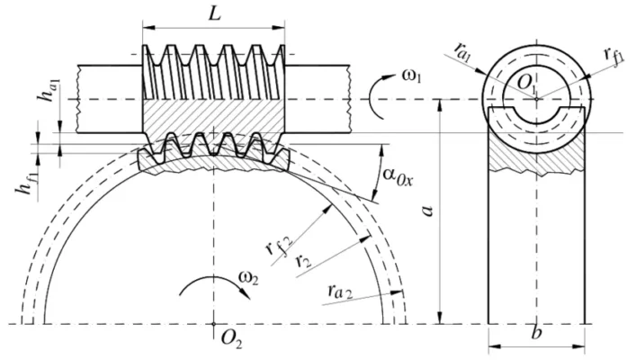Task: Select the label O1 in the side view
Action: coord(525,85)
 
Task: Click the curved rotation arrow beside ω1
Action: coord(376,94)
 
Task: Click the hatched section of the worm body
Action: coord(212,118)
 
